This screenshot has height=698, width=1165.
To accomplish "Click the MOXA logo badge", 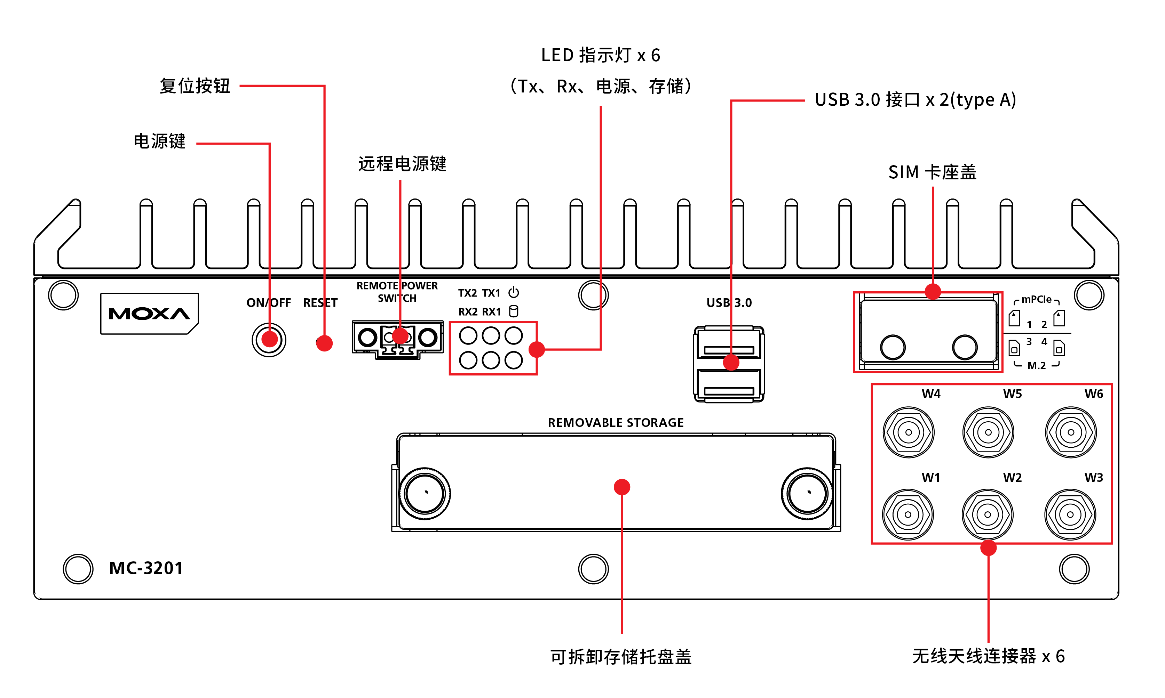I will click(149, 313).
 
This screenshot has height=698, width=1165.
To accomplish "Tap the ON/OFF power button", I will click(269, 340).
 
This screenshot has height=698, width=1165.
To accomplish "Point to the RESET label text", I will click(320, 303).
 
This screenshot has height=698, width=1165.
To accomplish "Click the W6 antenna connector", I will click(1070, 432).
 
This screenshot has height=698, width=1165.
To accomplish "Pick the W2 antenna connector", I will click(988, 514).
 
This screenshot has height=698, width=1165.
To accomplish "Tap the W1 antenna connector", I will click(908, 514).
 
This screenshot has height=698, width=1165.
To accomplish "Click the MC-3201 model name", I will click(146, 568).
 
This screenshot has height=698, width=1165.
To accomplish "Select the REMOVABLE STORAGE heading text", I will click(615, 422).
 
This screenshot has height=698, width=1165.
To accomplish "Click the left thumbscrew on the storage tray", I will click(425, 493).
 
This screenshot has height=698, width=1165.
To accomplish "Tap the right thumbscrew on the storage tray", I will click(807, 493).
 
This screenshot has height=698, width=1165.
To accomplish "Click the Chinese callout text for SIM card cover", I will click(932, 172).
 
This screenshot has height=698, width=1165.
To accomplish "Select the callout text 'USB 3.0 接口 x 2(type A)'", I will click(915, 100).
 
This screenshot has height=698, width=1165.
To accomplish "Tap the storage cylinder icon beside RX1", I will click(514, 311).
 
